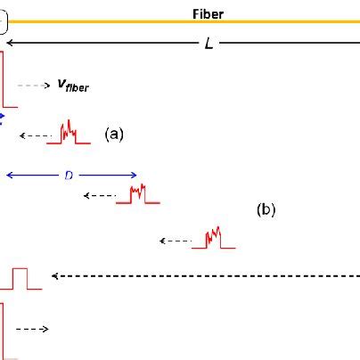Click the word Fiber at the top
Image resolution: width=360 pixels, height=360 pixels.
pos(209,14)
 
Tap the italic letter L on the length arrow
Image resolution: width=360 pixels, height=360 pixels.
pos(209,44)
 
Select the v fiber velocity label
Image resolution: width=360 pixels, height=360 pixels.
pos(72,86)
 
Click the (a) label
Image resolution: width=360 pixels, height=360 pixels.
pos(113,134)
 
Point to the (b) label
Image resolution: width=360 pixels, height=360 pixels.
pos(266,210)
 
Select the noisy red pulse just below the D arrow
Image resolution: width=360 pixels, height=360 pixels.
pos(139,195)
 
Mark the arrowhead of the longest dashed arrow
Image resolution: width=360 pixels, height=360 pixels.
pos(54,276)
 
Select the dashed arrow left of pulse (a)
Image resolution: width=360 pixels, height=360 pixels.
pos(37,135)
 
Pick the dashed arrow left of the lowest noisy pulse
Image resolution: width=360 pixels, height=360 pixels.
pos(176,241)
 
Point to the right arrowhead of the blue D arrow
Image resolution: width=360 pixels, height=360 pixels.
pos(135,176)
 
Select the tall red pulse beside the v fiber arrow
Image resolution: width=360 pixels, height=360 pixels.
pos(7,80)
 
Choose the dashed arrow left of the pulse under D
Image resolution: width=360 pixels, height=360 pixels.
pos(99,196)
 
